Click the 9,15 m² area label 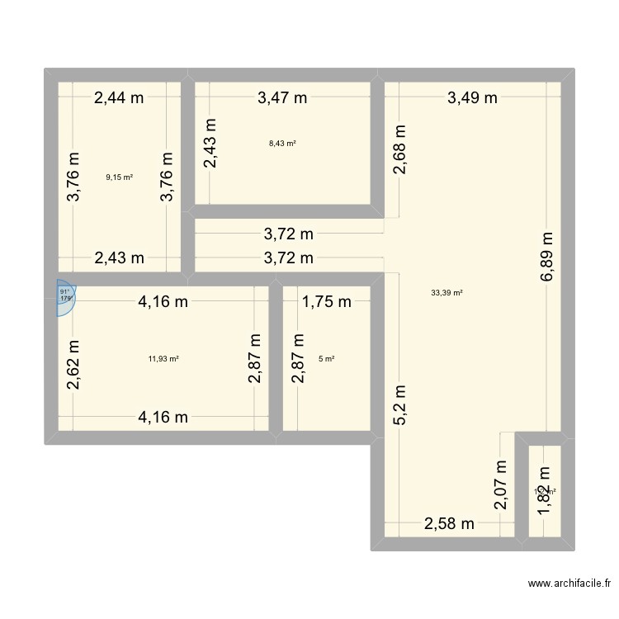[x=119, y=177]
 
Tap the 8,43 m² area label [x=282, y=144]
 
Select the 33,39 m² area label [x=447, y=291]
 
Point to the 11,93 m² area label [x=163, y=358]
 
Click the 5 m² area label [x=327, y=358]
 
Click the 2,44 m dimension [x=119, y=97]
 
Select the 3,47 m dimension [x=282, y=97]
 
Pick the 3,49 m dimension [x=472, y=97]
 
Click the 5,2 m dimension [x=399, y=404]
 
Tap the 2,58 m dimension [x=450, y=523]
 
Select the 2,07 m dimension [x=501, y=487]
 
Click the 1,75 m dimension [x=327, y=302]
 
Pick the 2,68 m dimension [x=399, y=149]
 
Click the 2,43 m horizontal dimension [x=119, y=258]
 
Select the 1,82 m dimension [x=544, y=492]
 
